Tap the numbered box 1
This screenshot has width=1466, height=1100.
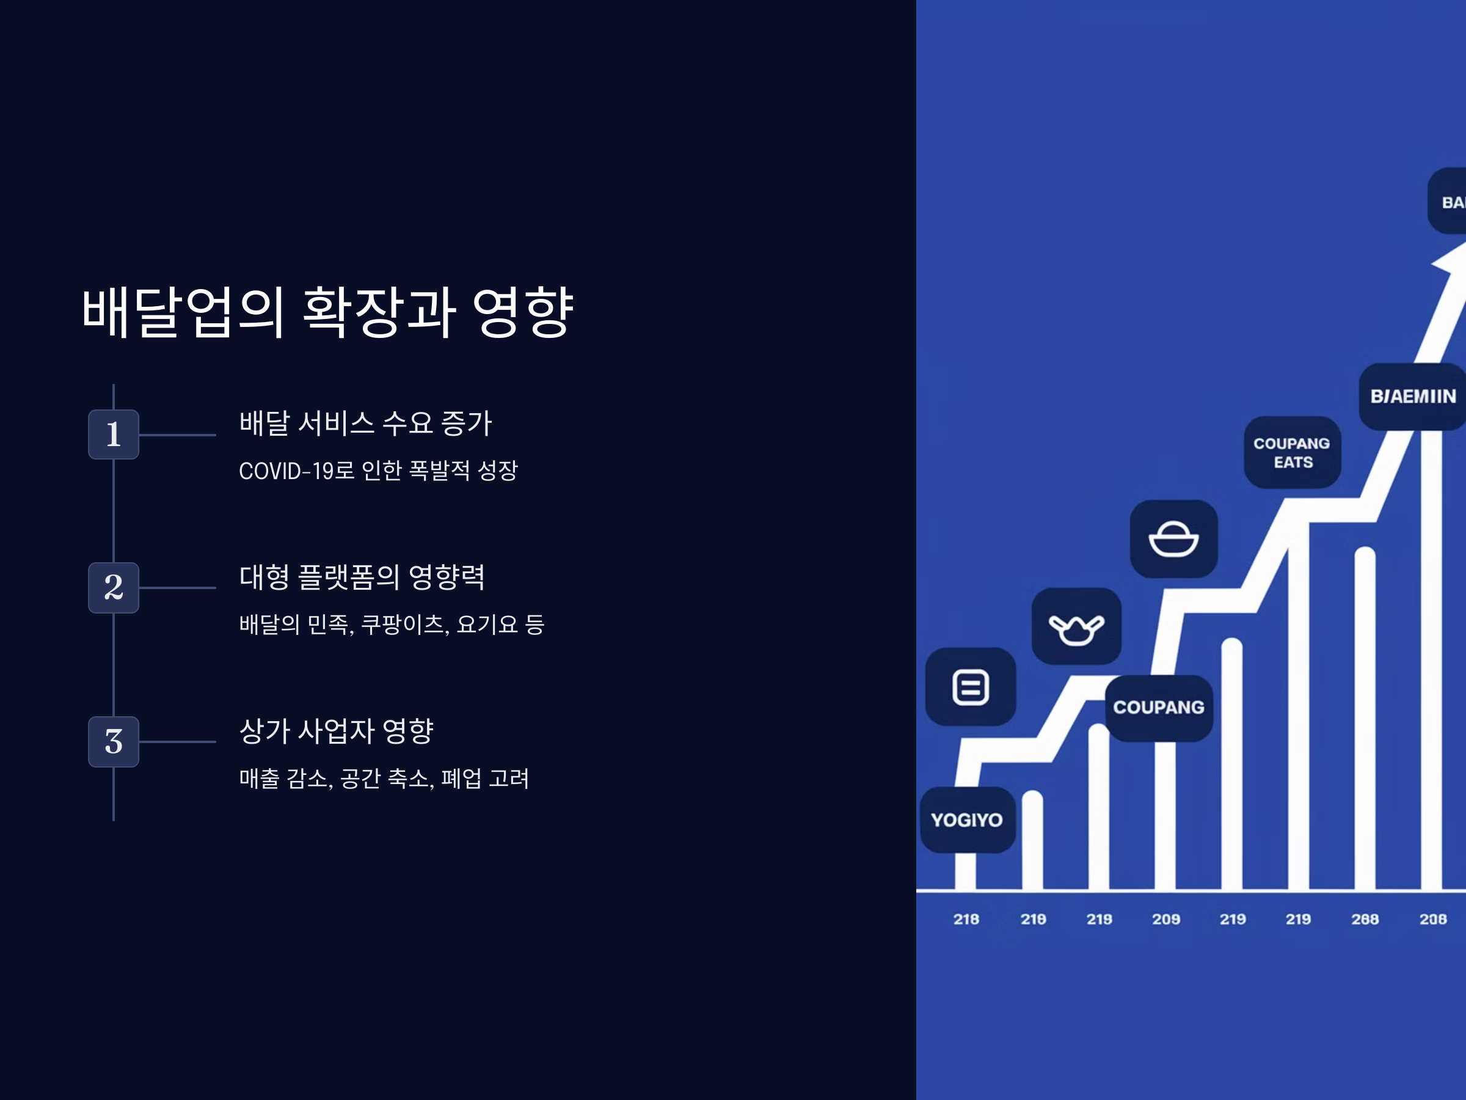[114, 435]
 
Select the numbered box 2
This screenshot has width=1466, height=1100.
[114, 587]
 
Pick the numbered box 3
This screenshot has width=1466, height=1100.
[114, 741]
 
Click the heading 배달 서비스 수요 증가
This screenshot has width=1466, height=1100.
[365, 423]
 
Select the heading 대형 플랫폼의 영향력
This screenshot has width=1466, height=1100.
[362, 577]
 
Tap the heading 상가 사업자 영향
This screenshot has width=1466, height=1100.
[336, 731]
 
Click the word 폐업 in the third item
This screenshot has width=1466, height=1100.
[461, 779]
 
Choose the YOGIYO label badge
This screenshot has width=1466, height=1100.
[967, 820]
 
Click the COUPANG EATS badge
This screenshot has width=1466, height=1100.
[1292, 453]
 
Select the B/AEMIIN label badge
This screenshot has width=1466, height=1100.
[1412, 397]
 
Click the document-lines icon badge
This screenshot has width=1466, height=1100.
[970, 687]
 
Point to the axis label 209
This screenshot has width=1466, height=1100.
[1165, 919]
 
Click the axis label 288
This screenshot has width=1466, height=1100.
[1365, 919]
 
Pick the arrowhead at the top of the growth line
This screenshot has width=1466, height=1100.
[1451, 262]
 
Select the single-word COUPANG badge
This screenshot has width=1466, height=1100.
[1159, 708]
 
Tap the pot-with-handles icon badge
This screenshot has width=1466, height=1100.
[1076, 626]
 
